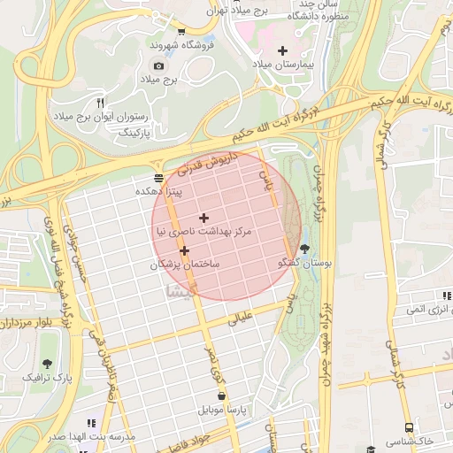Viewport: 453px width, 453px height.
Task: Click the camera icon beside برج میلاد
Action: point(158,65)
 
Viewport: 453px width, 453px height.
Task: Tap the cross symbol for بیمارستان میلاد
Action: point(282,50)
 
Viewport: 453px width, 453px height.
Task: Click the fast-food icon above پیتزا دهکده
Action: point(158,177)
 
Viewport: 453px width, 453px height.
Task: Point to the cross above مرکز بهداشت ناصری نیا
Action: point(204,217)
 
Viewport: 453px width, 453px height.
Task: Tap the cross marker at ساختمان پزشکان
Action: point(184,250)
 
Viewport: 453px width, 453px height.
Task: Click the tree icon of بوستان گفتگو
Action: point(305,249)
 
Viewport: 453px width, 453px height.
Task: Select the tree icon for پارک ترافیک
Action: point(46,363)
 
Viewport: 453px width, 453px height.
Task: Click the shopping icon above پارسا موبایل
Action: point(221,396)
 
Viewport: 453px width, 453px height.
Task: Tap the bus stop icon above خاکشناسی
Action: point(409,427)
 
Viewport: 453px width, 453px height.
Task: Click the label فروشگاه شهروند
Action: point(177,44)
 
